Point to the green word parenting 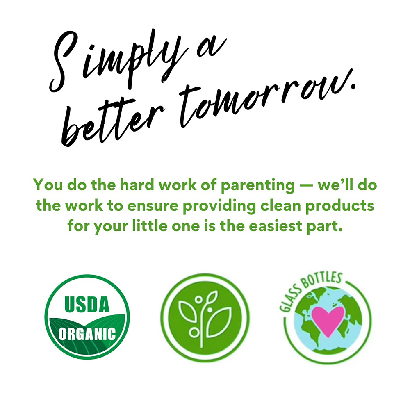point(257,185)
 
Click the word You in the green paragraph point(48,185)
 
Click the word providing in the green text point(219,206)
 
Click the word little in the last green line point(150,226)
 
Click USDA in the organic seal point(87,305)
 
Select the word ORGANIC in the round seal point(87,334)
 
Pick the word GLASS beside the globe point(288,301)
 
